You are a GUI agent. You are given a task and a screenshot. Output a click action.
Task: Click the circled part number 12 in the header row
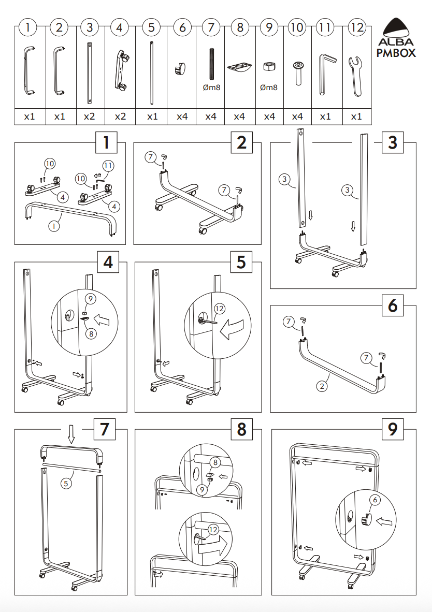point(357,27)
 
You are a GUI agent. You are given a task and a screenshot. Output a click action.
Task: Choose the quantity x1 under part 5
point(151,116)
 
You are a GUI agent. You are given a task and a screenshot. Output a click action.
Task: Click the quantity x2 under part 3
point(90,116)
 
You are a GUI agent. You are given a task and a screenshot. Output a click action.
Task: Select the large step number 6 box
point(393,306)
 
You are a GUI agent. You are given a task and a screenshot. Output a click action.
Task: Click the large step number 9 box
point(393,429)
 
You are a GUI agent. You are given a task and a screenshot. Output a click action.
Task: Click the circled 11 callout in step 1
point(108,166)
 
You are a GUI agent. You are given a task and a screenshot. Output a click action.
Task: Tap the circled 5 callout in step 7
point(66,484)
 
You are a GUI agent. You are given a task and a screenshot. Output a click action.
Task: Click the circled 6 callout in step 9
point(374,500)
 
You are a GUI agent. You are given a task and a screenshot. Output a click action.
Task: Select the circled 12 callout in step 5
point(220,309)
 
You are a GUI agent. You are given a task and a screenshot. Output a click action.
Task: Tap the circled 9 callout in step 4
point(90,299)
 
